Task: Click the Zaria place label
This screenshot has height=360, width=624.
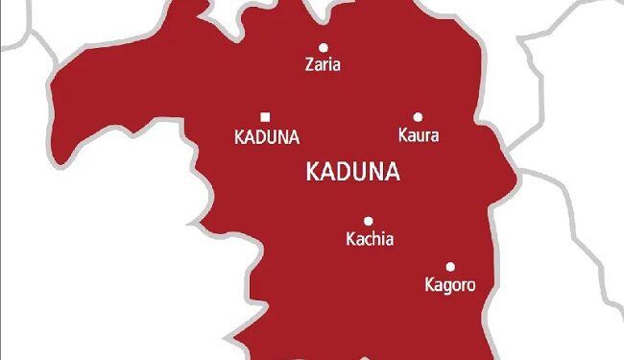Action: pyautogui.click(x=323, y=66)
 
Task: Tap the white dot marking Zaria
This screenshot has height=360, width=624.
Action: pyautogui.click(x=324, y=47)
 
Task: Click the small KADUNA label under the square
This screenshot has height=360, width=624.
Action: pyautogui.click(x=267, y=137)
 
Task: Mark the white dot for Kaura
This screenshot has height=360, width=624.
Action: pyautogui.click(x=418, y=116)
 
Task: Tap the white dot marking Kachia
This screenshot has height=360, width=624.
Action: pyautogui.click(x=368, y=221)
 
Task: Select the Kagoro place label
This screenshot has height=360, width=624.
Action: pyautogui.click(x=449, y=285)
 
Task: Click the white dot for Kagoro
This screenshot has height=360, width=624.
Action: pyautogui.click(x=450, y=266)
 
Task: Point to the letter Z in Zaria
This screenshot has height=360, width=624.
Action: pyautogui.click(x=308, y=66)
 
